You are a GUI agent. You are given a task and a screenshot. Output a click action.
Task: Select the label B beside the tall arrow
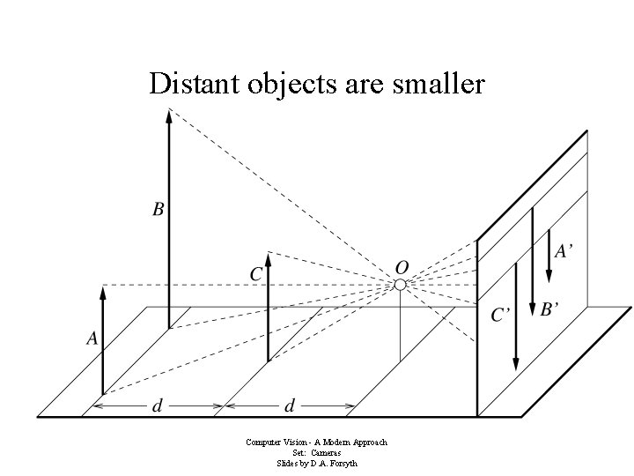pyautogui.click(x=158, y=210)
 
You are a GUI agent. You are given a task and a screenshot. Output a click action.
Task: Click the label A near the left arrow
pyautogui.click(x=92, y=338)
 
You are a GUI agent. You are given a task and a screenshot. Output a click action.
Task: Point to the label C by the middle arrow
pyautogui.click(x=256, y=275)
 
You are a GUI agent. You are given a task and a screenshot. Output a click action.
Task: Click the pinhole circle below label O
pyautogui.click(x=400, y=284)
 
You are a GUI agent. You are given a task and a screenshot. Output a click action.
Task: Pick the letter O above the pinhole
pyautogui.click(x=401, y=266)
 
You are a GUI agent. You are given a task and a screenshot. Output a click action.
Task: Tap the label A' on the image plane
pyautogui.click(x=564, y=251)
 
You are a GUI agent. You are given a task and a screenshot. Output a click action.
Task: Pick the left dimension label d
pyautogui.click(x=158, y=406)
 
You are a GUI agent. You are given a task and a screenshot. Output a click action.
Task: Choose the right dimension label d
pyautogui.click(x=289, y=406)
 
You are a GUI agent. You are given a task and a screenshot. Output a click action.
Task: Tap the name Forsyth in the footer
pyautogui.click(x=342, y=463)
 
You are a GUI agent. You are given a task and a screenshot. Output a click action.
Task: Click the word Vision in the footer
pyautogui.click(x=290, y=443)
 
